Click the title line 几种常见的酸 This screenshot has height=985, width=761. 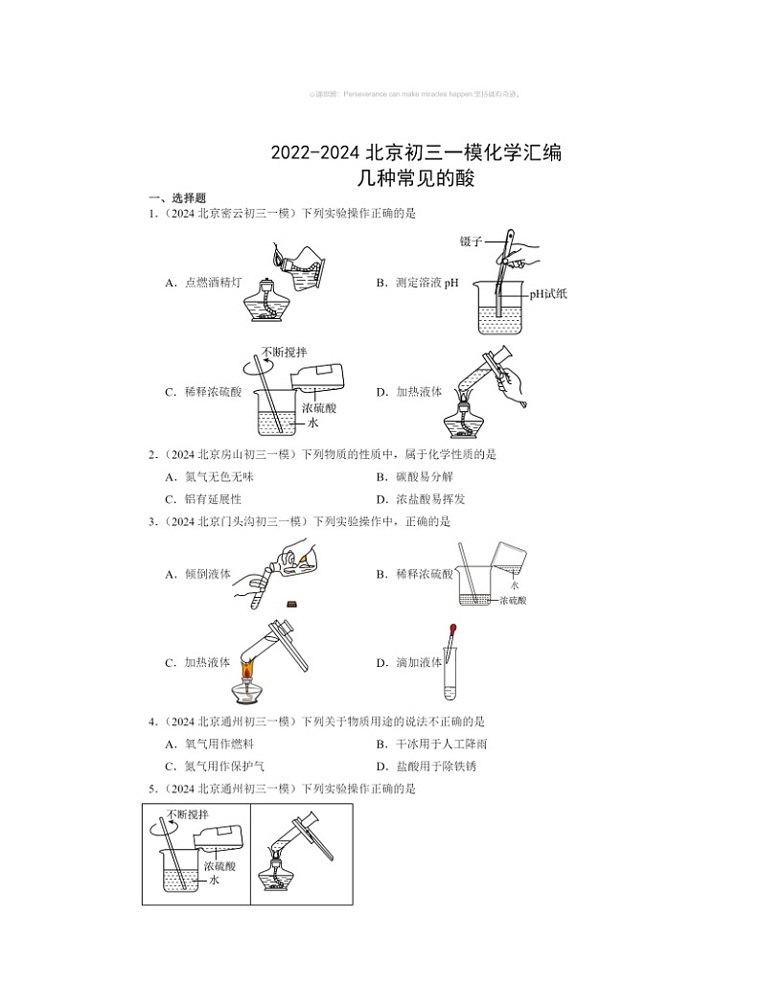416,177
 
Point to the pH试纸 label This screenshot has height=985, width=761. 548,294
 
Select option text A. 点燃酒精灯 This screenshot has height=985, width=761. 204,283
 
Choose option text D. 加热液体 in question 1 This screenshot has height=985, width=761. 409,392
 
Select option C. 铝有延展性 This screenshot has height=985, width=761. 203,499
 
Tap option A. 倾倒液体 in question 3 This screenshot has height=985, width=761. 198,575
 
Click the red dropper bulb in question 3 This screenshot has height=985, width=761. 450,631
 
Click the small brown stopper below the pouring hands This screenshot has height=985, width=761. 291,604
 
